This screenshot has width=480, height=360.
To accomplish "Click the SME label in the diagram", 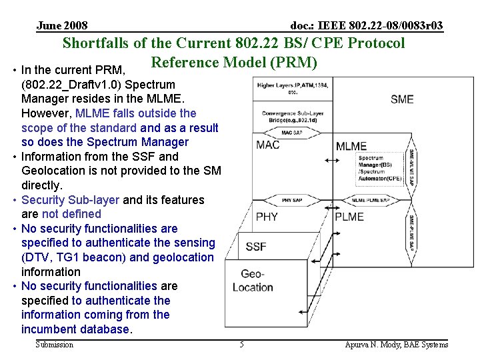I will pyautogui.click(x=402, y=99).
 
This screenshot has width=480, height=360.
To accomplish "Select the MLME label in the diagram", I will pyautogui.click(x=351, y=146).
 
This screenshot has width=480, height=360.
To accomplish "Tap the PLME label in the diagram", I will pyautogui.click(x=349, y=216).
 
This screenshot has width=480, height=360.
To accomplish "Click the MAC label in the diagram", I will pyautogui.click(x=268, y=145).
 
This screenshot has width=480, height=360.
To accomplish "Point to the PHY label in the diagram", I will pyautogui.click(x=267, y=216).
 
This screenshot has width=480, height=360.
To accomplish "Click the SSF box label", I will pyautogui.click(x=256, y=246).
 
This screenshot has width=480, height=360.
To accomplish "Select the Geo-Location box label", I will pyautogui.click(x=253, y=281).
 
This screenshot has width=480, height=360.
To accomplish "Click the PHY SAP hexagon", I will pyautogui.click(x=292, y=200).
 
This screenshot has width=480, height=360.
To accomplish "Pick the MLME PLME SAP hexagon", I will pyautogui.click(x=371, y=200).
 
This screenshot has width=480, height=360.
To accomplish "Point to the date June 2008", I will pyautogui.click(x=62, y=26).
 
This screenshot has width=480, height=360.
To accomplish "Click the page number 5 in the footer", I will pyautogui.click(x=242, y=345).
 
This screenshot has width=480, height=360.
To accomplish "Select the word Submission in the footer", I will pyautogui.click(x=55, y=345).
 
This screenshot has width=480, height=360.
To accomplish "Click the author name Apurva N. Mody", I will pyautogui.click(x=397, y=345).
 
